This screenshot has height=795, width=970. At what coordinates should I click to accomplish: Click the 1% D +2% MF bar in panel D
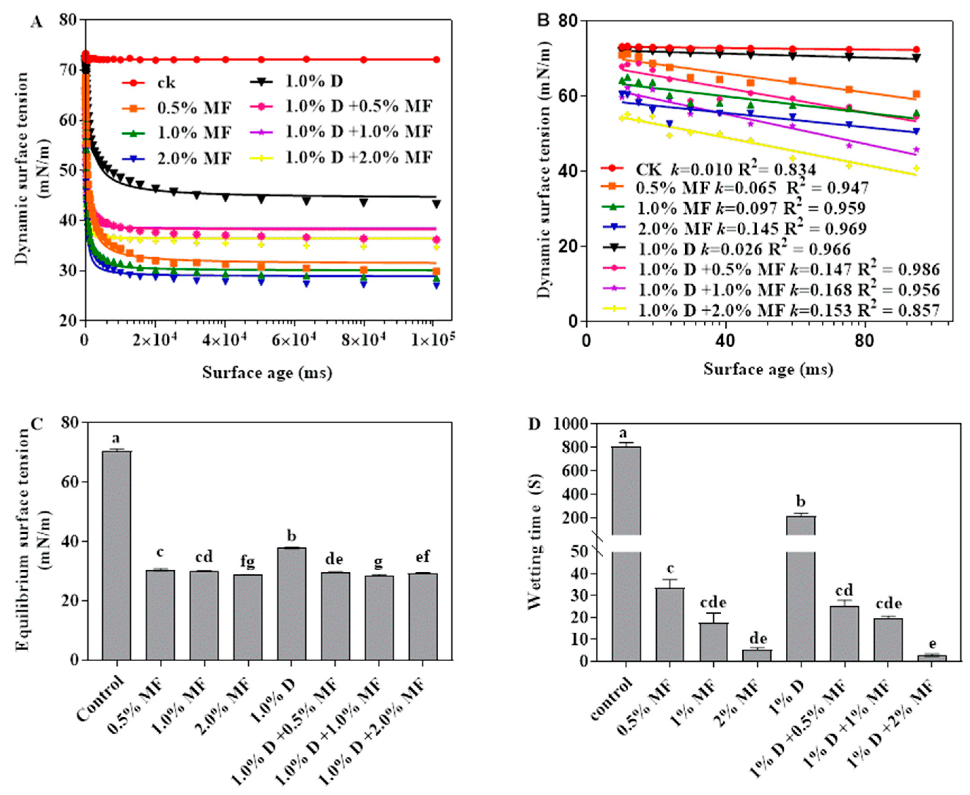(x=932, y=658)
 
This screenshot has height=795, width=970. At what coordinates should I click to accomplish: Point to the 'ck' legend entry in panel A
(x=166, y=83)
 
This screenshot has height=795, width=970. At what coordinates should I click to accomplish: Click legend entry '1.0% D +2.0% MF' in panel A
(x=359, y=158)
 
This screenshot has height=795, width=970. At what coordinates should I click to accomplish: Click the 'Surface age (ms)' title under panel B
(x=768, y=369)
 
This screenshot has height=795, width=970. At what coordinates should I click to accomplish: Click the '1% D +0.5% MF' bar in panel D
(x=844, y=633)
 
